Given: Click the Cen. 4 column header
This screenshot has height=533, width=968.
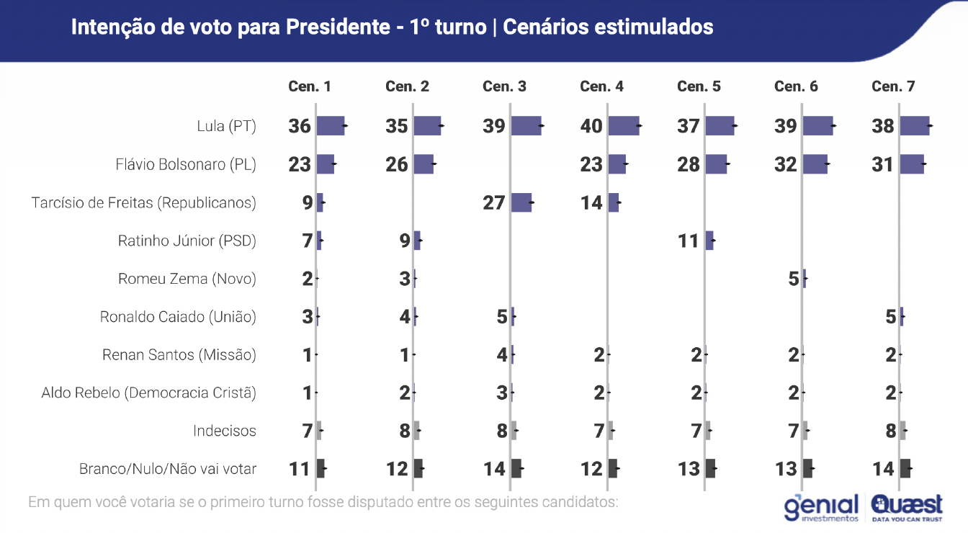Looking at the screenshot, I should (601, 86).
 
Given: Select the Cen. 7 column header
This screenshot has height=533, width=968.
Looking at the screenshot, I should (893, 86).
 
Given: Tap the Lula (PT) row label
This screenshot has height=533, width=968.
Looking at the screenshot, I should (226, 126).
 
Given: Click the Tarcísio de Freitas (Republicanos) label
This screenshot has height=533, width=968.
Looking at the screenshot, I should (143, 202).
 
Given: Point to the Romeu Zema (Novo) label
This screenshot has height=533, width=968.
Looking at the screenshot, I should (187, 279).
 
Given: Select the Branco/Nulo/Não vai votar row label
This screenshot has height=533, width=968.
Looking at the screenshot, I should (167, 469).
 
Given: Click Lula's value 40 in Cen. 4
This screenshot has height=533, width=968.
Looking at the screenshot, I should (591, 126).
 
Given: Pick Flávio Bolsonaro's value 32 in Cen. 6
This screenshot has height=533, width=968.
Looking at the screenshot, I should (786, 164).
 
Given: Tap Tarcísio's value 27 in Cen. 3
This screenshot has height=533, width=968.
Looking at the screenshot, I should (494, 202).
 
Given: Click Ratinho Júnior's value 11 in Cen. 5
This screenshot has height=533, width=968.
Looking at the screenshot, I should (689, 241).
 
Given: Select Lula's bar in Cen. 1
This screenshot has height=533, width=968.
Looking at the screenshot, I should (331, 126).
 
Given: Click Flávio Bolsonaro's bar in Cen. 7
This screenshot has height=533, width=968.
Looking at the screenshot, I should (912, 164).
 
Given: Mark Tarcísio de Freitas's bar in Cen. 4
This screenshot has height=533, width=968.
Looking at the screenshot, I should (614, 202).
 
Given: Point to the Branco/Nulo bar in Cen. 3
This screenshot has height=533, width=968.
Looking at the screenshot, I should (516, 469).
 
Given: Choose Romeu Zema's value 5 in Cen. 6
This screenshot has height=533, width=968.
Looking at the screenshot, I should (794, 279).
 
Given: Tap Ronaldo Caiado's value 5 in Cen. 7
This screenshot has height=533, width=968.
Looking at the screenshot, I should (891, 317).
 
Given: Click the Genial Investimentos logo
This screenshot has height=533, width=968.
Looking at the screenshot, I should (821, 507).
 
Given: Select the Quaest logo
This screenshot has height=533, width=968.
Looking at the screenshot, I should (907, 507).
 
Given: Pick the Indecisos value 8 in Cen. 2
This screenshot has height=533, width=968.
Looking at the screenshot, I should (405, 431).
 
